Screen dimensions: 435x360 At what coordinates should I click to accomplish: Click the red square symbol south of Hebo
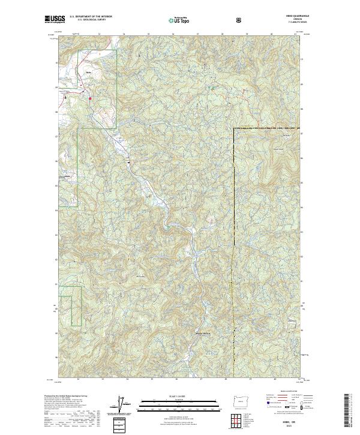[x=90, y=98]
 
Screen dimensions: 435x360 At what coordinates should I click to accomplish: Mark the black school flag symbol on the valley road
[x=128, y=161]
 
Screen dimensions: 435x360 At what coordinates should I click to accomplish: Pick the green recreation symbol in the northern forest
[x=211, y=88]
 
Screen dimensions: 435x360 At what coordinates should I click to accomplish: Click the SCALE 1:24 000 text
[x=163, y=396]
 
